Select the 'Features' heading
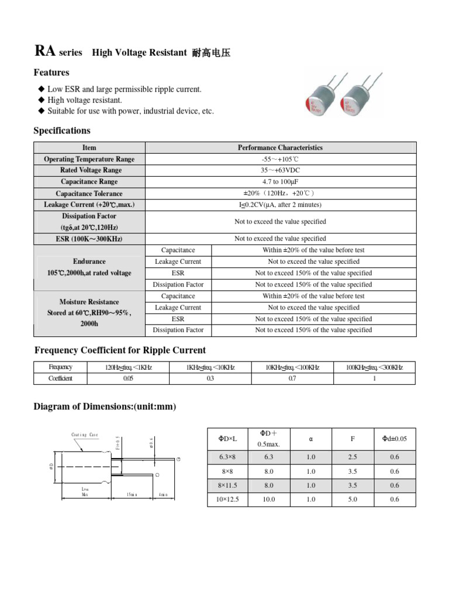(x=51, y=73)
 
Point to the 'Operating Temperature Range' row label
(x=89, y=159)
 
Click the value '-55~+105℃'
(x=280, y=159)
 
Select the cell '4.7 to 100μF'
(x=280, y=182)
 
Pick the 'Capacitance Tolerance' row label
(x=89, y=194)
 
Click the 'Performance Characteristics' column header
(x=280, y=147)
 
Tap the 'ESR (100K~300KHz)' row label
(x=89, y=239)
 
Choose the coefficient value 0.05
(x=128, y=378)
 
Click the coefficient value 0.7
(x=292, y=378)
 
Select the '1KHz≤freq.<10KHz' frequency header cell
(x=210, y=367)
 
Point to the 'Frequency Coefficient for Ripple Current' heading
(x=120, y=350)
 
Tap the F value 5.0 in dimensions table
(x=353, y=500)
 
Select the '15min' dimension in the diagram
(x=132, y=495)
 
